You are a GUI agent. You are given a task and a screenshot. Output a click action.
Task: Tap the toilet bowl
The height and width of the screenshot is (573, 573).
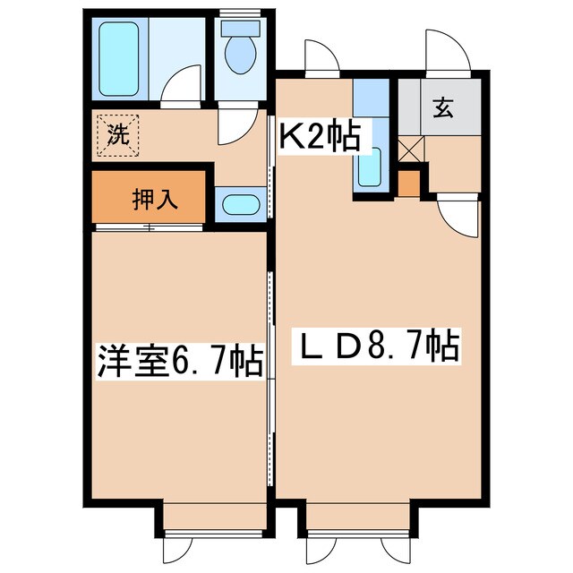(239, 54)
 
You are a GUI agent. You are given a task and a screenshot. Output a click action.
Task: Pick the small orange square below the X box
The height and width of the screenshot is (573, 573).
(408, 183)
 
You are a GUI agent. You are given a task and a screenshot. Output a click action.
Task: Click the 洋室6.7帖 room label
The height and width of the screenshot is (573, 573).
(179, 362)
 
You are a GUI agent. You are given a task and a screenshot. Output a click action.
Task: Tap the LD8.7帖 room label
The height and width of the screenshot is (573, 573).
(376, 345)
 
